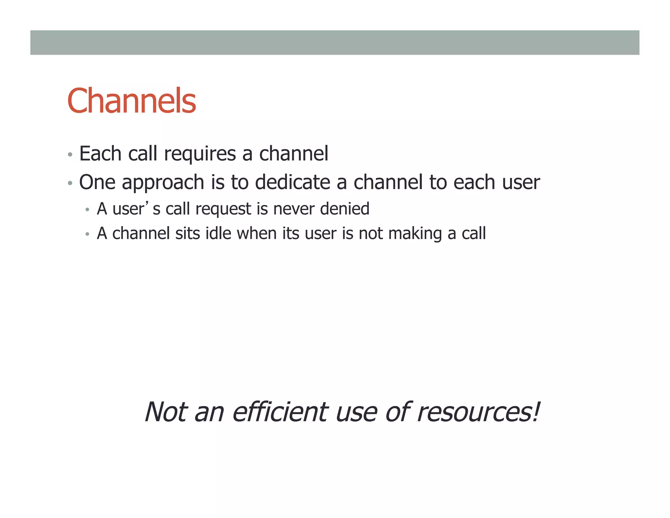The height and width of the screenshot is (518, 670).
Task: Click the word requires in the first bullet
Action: click(x=200, y=154)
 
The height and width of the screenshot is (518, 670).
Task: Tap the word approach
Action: click(x=163, y=183)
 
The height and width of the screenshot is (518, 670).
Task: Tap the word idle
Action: click(x=218, y=233)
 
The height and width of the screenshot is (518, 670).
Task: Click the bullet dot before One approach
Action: click(x=70, y=183)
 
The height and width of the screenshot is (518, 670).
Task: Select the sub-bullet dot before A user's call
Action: click(x=87, y=210)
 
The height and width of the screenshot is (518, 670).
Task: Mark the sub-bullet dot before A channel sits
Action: click(x=87, y=234)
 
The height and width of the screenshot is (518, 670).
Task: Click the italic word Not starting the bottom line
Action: click(x=166, y=412)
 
